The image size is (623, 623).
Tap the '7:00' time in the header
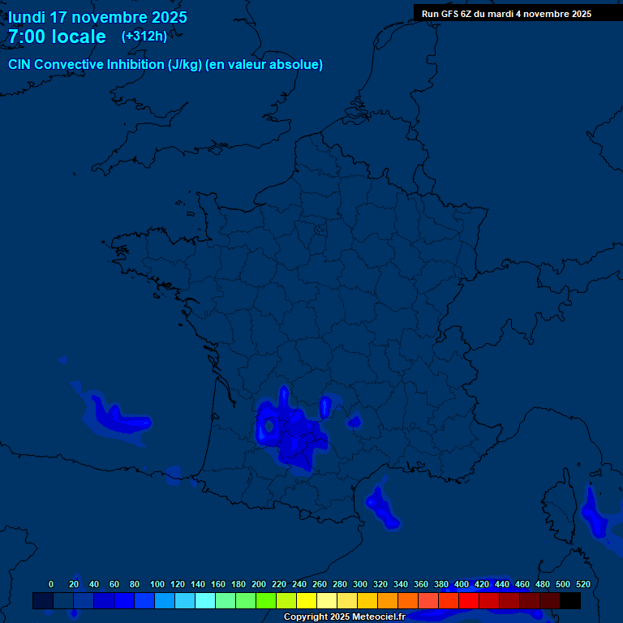point(29,37)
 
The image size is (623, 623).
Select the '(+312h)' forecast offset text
point(144,37)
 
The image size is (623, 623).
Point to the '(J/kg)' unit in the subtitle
point(186,65)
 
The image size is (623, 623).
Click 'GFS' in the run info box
point(447,13)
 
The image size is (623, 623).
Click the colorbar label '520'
point(582,584)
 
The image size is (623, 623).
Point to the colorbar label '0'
point(51,584)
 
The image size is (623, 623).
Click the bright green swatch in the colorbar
point(266,601)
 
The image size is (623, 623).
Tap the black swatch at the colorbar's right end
point(570,601)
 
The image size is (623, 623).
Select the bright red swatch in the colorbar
point(469,601)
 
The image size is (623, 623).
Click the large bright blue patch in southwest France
point(292,434)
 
